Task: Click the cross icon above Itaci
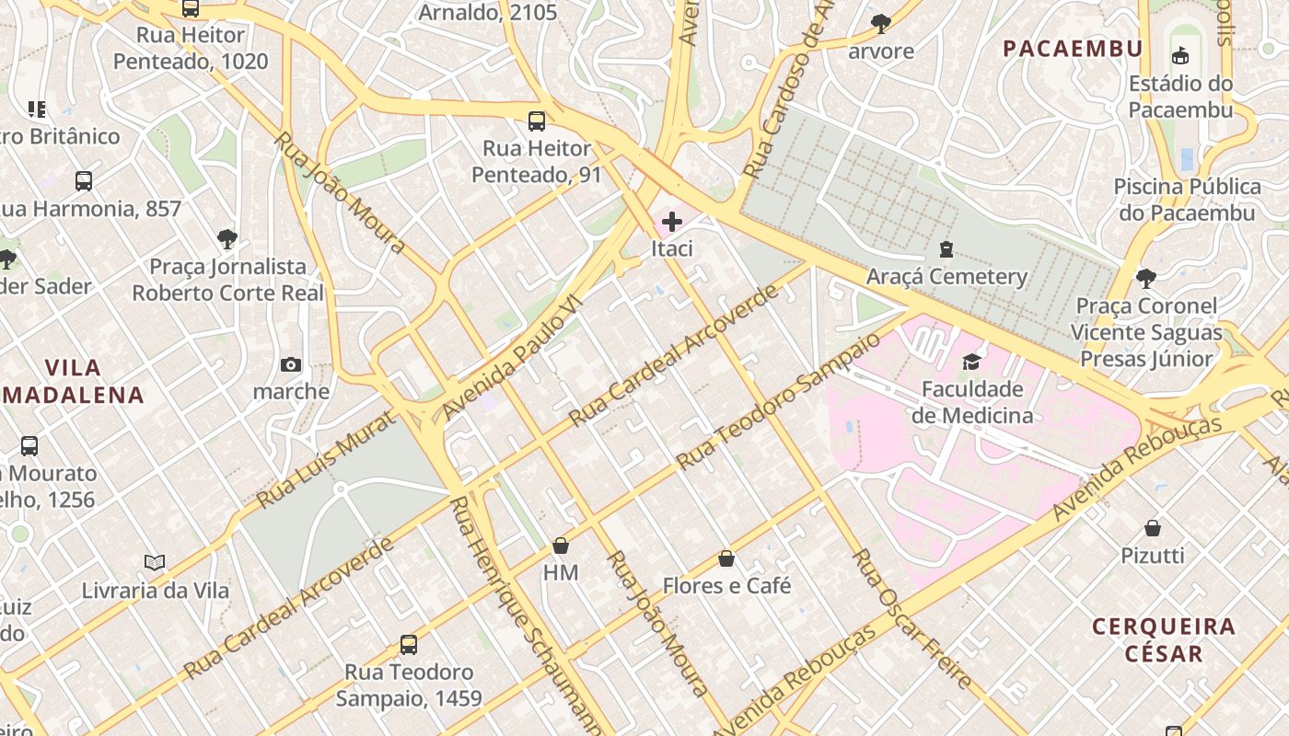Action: click(x=672, y=222)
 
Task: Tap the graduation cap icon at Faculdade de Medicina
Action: click(x=971, y=362)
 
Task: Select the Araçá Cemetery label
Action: click(x=946, y=276)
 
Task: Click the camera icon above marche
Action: click(x=291, y=365)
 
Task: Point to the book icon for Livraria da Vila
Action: click(x=155, y=562)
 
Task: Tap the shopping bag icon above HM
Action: click(x=560, y=546)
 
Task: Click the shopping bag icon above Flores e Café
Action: click(x=726, y=558)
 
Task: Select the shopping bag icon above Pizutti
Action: click(x=1152, y=528)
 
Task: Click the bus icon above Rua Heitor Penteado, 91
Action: click(x=536, y=121)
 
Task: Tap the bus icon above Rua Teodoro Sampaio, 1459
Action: click(x=408, y=645)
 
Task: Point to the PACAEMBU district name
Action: click(x=1073, y=49)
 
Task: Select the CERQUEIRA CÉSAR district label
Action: click(x=1163, y=640)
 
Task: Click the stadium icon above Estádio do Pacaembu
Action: click(x=1179, y=55)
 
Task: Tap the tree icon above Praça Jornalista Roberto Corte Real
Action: click(x=226, y=240)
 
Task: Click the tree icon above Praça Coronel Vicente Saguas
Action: click(x=1145, y=278)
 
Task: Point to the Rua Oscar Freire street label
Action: click(x=912, y=618)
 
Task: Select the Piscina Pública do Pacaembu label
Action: click(x=1187, y=200)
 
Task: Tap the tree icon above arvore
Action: click(x=880, y=24)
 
